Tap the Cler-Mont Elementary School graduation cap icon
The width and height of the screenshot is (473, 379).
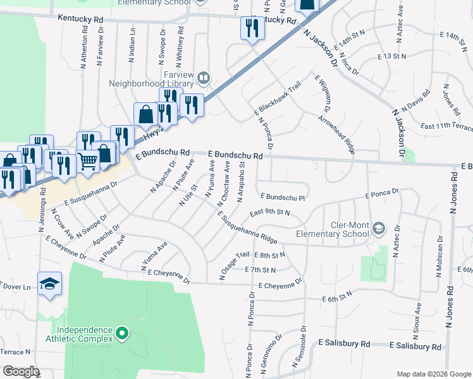pyautogui.click(x=379, y=227)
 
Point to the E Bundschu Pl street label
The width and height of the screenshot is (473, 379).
pyautogui.click(x=283, y=197)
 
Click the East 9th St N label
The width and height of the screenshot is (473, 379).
pyautogui.click(x=269, y=213)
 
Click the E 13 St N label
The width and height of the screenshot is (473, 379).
pyautogui.click(x=391, y=56)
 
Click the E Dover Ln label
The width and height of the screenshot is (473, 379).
pyautogui.click(x=15, y=287)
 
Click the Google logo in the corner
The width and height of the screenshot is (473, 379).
pyautogui.click(x=21, y=371)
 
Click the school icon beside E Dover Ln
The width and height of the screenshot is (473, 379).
pyautogui.click(x=49, y=284)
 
